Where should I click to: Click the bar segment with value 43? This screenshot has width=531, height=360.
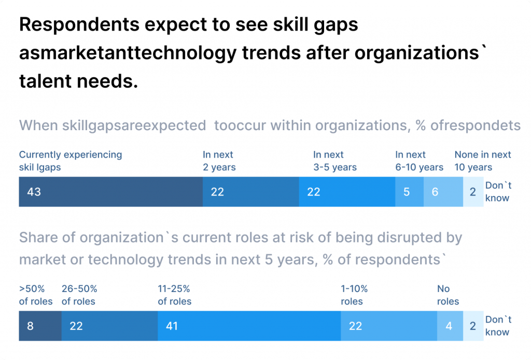point(110,192)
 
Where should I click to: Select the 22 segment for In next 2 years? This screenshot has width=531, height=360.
point(250,192)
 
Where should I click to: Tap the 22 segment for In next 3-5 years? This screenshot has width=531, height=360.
point(347,192)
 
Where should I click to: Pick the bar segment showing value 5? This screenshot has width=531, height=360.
point(409,192)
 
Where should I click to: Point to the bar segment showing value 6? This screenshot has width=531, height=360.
point(443,192)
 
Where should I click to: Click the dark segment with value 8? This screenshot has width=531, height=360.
point(40,326)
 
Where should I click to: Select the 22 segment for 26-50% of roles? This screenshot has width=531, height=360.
point(109,326)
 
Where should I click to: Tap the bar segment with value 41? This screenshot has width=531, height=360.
point(249,326)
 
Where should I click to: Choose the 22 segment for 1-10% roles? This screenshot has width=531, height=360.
point(388,326)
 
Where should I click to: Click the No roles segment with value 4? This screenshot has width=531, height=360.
point(449,326)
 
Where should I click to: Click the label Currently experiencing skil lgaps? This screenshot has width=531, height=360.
point(71,161)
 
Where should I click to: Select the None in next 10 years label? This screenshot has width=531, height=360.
point(482,161)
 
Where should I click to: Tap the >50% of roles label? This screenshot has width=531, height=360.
point(36,295)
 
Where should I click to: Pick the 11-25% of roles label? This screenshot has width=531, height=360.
point(175,295)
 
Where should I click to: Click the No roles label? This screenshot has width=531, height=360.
point(448,295)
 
